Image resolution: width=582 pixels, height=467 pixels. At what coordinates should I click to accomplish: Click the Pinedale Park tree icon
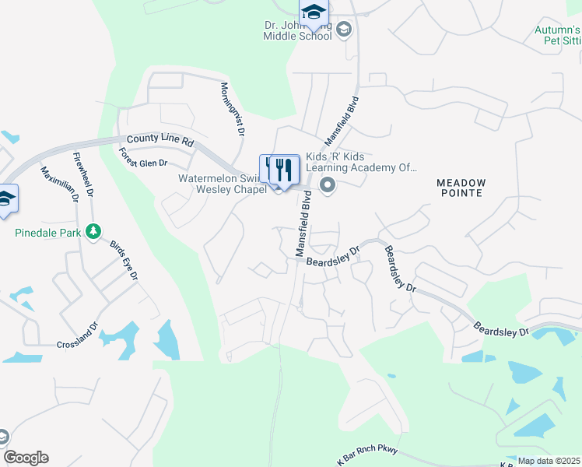coord(93,231)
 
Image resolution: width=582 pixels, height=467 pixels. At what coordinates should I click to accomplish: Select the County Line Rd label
coord(160,139)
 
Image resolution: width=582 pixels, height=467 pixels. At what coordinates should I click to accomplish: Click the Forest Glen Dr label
coord(143,158)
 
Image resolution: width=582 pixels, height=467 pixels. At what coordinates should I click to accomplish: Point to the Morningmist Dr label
coord(232,111)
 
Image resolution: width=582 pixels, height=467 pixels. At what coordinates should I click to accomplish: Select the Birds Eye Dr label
coord(124,260)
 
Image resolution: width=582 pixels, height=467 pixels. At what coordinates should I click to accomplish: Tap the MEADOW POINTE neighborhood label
coord(461,188)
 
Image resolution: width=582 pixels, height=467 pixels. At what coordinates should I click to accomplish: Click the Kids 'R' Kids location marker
coord(328,185)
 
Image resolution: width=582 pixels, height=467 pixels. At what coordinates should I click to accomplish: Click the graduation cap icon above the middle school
coord(314,11)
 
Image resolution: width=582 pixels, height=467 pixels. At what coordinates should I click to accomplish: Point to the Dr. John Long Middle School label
coord(299,30)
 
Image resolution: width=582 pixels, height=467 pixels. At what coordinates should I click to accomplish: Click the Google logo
coord(26,458)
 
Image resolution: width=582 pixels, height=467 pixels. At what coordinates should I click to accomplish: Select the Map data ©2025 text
coord(549,461)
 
